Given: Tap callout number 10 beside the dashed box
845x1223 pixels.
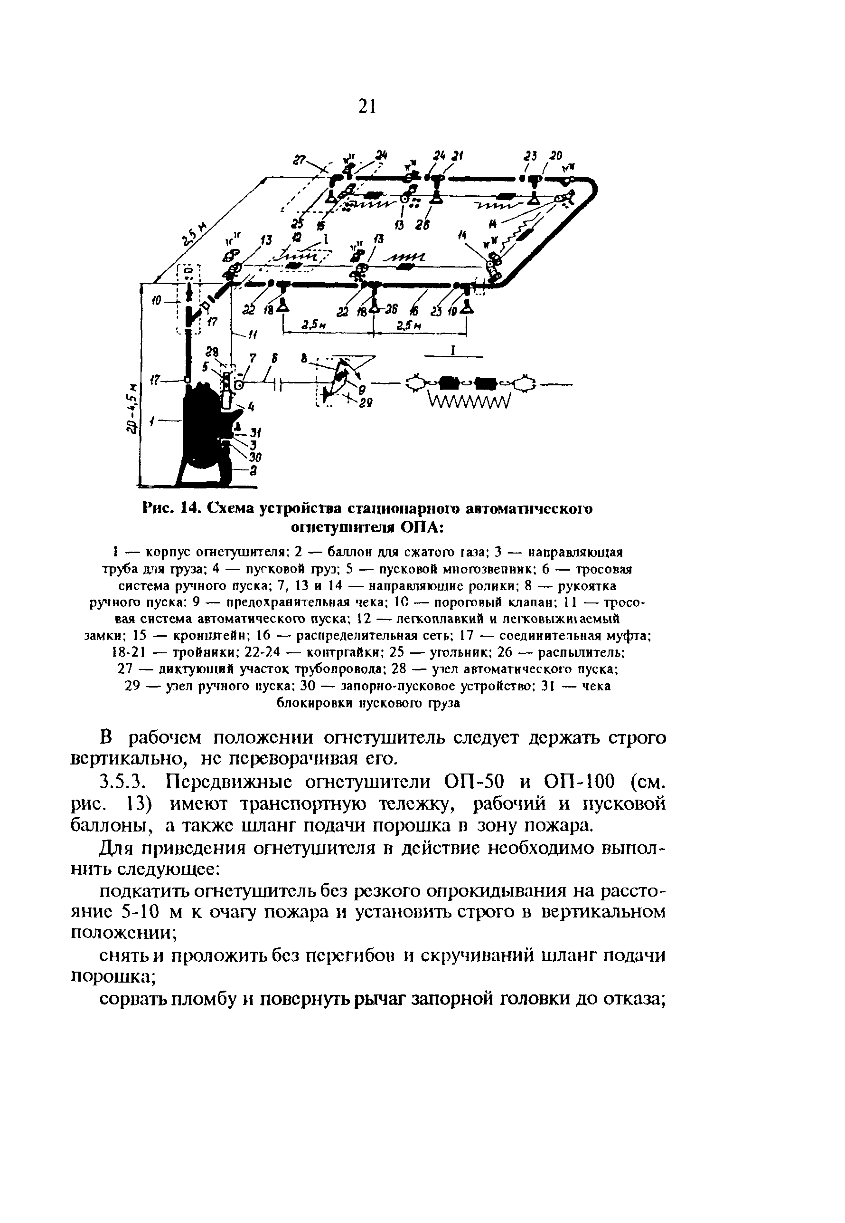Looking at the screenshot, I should click(x=156, y=300).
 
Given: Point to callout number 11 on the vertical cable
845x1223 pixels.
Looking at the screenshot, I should click(x=253, y=334).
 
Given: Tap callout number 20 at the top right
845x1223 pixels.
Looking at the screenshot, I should click(x=555, y=156).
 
